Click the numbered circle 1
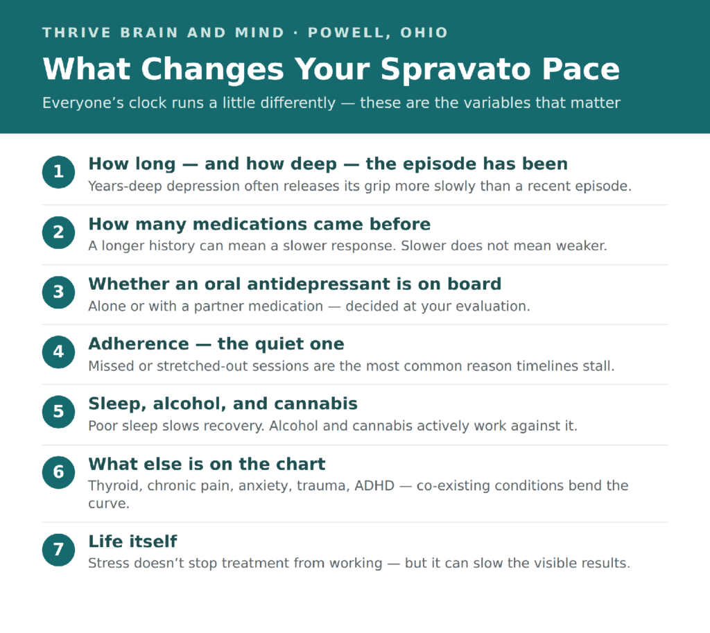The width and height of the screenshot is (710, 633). tap(58, 172)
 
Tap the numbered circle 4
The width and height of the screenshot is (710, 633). tap(58, 352)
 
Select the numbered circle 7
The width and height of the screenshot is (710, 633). tap(58, 550)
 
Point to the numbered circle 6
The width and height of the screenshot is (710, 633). tap(58, 472)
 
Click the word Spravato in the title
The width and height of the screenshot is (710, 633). tap(456, 70)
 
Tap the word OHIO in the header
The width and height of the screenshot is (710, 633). tap(424, 33)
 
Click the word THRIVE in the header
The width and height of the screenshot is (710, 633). tap(76, 33)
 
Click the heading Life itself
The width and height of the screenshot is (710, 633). tap(132, 541)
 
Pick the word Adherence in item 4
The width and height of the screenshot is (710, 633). tap(139, 344)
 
